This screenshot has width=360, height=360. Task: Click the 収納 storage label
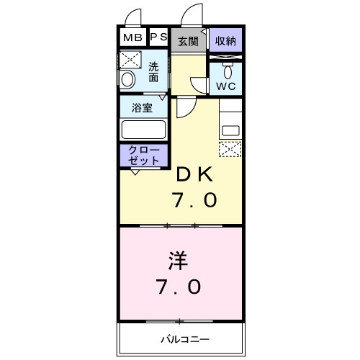coord(225,40)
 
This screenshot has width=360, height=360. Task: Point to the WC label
coord(226,86)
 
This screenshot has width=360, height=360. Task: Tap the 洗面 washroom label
coord(153,72)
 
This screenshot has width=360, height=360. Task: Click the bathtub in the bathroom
coord(144,130)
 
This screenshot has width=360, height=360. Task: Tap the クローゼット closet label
coord(143,154)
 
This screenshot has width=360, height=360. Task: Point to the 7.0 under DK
coord(194,199)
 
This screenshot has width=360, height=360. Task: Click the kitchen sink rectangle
coord(230,132)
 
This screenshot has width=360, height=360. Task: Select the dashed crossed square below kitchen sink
coord(230,149)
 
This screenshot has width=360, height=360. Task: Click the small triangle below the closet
coord(135,171)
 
